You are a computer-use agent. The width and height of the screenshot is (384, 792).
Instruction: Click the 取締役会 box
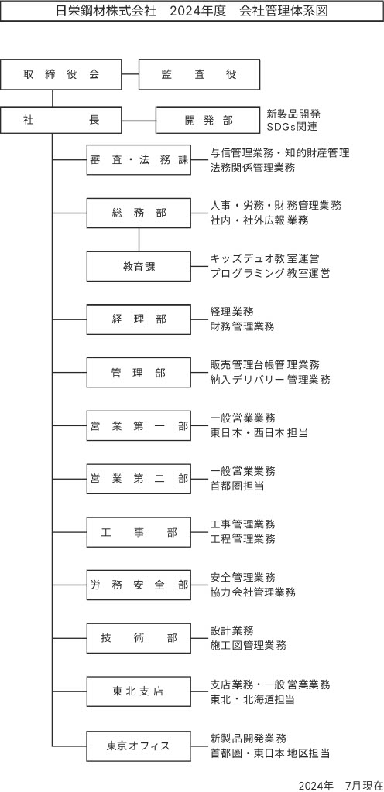click(61, 75)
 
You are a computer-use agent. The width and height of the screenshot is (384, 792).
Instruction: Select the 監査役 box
click(199, 75)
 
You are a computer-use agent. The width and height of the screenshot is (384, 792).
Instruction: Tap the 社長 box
click(61, 120)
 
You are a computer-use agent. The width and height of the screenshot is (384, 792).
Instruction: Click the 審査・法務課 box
click(139, 160)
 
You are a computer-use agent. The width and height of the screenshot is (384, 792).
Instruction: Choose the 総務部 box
click(139, 213)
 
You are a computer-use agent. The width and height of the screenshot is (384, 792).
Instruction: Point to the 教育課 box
click(139, 266)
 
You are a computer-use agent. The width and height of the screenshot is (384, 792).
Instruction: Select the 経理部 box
click(139, 319)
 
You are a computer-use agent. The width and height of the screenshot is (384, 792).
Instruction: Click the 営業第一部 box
click(139, 426)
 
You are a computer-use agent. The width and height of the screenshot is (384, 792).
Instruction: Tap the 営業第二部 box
click(139, 479)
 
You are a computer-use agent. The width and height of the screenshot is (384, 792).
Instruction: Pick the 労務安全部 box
click(139, 585)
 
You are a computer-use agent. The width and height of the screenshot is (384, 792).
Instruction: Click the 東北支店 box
click(139, 691)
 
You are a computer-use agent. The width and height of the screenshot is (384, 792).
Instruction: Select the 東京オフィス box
click(139, 745)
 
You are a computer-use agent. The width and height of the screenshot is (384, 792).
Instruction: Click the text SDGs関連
click(292, 127)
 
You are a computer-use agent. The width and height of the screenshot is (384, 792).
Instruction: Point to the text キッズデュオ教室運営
click(264, 259)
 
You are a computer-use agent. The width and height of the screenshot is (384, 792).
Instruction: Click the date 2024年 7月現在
click(341, 786)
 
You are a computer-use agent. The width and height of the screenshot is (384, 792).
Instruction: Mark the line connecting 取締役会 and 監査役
click(130, 75)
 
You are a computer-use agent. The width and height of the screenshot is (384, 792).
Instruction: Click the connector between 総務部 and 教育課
click(139, 240)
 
